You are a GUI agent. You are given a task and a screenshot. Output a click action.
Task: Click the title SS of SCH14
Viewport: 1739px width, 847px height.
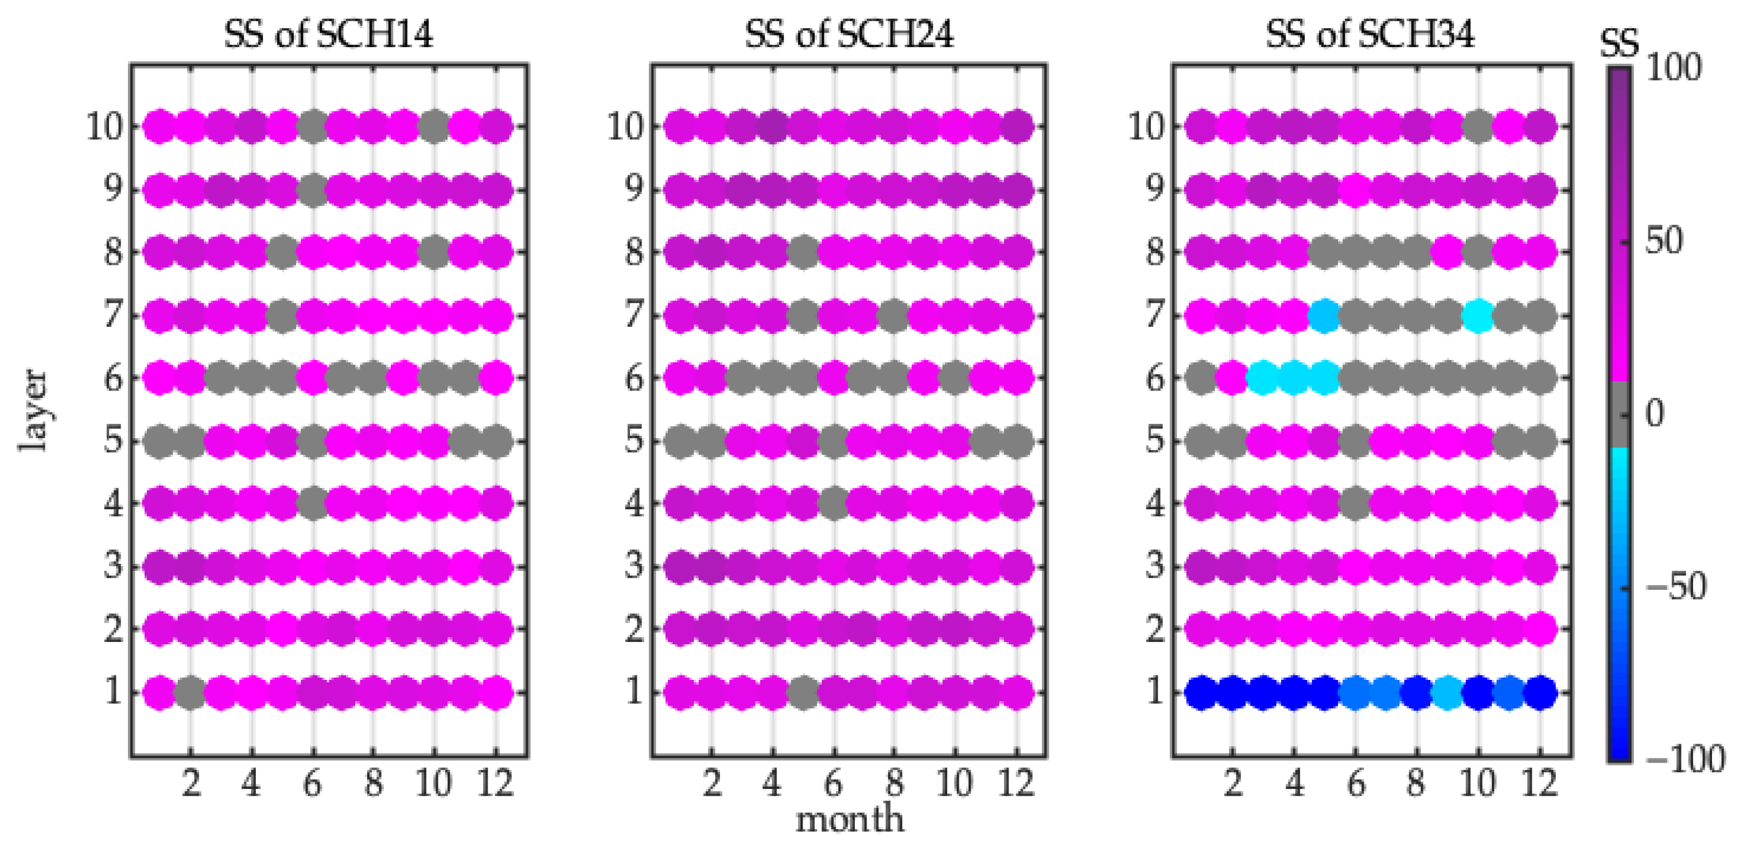pyautogui.click(x=328, y=34)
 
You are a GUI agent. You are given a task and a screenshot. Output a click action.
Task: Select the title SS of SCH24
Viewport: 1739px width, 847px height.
pyautogui.click(x=849, y=34)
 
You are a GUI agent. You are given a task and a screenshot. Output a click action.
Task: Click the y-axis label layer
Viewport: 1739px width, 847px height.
pyautogui.click(x=32, y=410)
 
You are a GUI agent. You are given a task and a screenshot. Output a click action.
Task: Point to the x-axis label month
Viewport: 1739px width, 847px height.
pyautogui.click(x=849, y=819)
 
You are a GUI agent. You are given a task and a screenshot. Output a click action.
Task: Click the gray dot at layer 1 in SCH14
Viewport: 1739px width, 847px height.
pyautogui.click(x=190, y=693)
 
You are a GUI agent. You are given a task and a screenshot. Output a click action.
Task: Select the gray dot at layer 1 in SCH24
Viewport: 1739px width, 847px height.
pyautogui.click(x=803, y=693)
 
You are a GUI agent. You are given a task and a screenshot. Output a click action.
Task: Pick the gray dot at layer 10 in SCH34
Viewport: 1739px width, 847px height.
pyautogui.click(x=1479, y=126)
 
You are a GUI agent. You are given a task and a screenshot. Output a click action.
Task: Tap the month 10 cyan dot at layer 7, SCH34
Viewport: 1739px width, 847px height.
pyautogui.click(x=1479, y=315)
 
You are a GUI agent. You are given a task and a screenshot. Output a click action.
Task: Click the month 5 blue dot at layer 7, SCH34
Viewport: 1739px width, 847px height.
pyautogui.click(x=1325, y=315)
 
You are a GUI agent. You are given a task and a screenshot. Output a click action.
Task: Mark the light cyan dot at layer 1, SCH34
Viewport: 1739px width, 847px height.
pyautogui.click(x=1448, y=693)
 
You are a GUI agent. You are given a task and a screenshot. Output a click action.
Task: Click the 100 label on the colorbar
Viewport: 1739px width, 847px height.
pyautogui.click(x=1674, y=68)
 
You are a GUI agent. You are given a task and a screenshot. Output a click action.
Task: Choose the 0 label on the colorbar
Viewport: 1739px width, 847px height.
pyautogui.click(x=1655, y=413)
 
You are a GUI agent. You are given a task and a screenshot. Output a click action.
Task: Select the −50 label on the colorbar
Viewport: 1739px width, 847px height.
pyautogui.click(x=1676, y=586)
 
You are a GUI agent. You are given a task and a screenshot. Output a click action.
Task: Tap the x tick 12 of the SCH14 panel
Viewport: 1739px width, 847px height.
pyautogui.click(x=496, y=783)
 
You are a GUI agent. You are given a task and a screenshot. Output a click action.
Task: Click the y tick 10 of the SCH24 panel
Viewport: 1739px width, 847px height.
pyautogui.click(x=626, y=126)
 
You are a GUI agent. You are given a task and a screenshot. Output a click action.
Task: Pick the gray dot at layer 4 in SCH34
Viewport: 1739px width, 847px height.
pyautogui.click(x=1355, y=503)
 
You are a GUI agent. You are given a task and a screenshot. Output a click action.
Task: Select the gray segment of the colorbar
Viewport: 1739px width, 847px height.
pyautogui.click(x=1619, y=413)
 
